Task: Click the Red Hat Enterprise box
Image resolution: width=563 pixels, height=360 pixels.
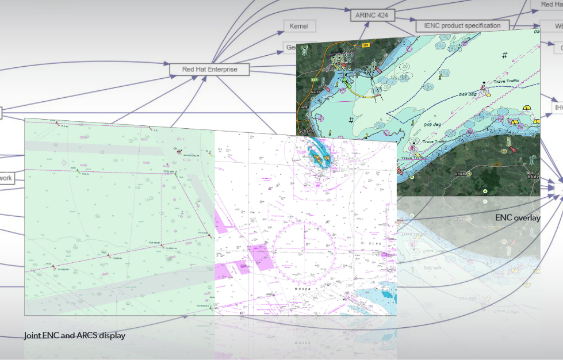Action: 210,69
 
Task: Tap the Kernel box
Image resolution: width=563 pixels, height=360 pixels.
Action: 299,26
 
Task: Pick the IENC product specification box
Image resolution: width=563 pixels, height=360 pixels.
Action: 462,25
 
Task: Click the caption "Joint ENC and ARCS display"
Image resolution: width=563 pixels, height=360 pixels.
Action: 74,335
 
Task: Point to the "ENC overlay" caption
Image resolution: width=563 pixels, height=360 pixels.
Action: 518,218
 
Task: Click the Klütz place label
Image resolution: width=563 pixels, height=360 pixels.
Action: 530,177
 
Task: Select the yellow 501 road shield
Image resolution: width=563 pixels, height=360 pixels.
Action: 364,45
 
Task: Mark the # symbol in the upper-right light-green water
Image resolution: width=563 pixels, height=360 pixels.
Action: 504,55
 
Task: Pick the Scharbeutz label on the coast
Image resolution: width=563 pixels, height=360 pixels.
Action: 305,131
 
